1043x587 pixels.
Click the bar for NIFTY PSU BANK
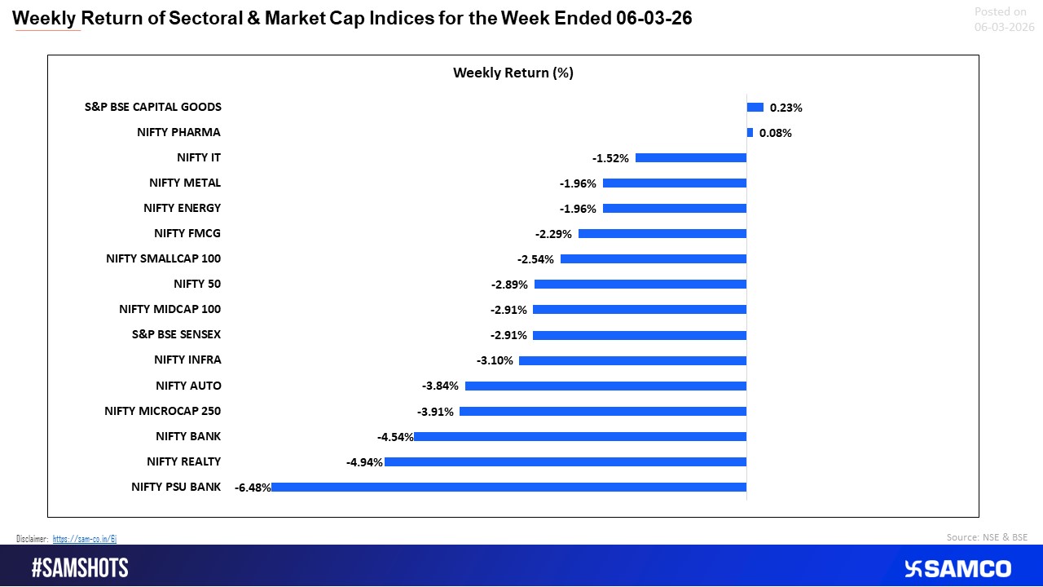tap(509, 488)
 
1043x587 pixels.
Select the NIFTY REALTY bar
tap(566, 462)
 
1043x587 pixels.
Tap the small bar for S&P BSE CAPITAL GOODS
tap(755, 107)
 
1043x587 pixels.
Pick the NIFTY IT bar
tap(691, 158)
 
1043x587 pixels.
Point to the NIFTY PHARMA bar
tap(750, 133)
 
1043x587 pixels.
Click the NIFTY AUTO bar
tap(605, 386)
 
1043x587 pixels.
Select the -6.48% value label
tap(252, 488)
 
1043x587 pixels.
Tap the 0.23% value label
tap(786, 108)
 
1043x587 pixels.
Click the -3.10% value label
tap(495, 360)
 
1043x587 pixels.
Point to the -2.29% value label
tap(554, 234)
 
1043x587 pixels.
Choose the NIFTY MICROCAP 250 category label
tap(163, 411)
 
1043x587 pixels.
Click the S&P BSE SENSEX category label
tap(176, 334)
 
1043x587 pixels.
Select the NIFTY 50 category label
tap(197, 284)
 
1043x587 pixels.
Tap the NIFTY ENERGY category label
tap(183, 208)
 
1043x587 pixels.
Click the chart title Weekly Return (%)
tap(513, 73)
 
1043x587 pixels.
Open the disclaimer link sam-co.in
tap(85, 539)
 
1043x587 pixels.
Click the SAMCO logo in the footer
tap(958, 568)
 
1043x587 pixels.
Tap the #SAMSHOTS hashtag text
tap(80, 568)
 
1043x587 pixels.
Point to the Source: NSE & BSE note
tap(987, 537)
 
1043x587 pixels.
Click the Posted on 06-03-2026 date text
tap(1004, 20)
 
